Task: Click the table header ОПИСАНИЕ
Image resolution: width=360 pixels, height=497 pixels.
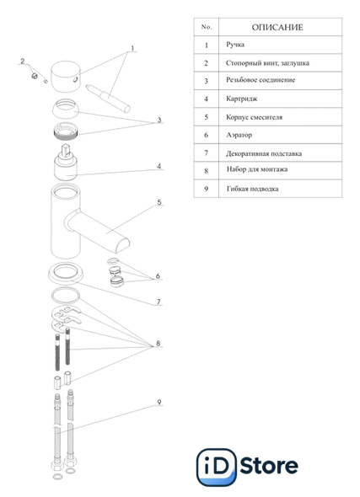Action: tap(277, 27)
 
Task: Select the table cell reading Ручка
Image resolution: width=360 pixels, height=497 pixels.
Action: tap(235, 45)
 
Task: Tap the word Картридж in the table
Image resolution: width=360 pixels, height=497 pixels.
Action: tap(242, 99)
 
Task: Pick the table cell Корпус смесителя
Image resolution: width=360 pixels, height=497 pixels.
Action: tap(254, 117)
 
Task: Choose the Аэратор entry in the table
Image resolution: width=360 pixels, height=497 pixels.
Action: tap(239, 135)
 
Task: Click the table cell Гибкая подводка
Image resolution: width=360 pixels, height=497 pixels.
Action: tap(252, 189)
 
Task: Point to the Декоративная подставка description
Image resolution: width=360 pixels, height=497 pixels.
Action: tap(264, 153)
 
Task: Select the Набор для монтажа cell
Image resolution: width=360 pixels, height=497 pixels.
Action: tap(257, 169)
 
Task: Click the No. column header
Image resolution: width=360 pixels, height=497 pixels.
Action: tap(207, 27)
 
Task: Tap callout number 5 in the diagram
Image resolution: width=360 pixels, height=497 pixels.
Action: tap(159, 202)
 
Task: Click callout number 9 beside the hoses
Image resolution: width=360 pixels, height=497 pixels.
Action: tap(159, 402)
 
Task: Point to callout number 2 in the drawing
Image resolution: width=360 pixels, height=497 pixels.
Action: tap(23, 61)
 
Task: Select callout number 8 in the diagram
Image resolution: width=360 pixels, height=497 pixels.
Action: tap(158, 344)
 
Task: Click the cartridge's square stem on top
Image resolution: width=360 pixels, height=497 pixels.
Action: tap(67, 150)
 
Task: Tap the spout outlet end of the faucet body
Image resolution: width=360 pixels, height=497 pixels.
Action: tap(122, 246)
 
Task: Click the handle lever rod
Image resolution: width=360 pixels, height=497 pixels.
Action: tap(108, 99)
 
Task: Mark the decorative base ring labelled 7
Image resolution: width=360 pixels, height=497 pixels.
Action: tap(66, 273)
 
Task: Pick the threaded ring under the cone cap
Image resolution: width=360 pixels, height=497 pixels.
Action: tap(66, 131)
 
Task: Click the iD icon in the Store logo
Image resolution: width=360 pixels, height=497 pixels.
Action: tap(217, 467)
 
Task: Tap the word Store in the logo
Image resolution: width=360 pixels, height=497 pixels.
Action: tap(269, 466)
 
